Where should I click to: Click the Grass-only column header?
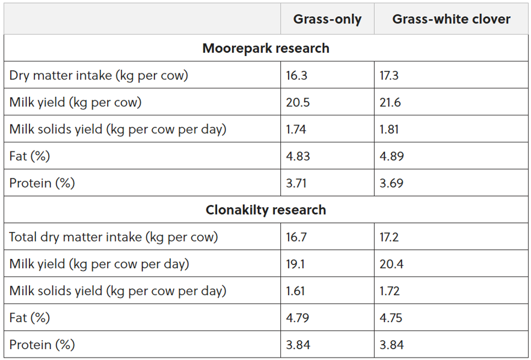(327, 19)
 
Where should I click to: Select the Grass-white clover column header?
(451, 19)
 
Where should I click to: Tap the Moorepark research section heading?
(266, 48)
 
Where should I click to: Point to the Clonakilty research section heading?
(266, 210)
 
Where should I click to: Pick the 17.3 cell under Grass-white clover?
(390, 75)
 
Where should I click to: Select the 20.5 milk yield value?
(298, 102)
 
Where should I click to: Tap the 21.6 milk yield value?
(390, 102)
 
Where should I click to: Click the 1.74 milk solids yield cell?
(297, 129)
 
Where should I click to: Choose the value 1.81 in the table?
(389, 129)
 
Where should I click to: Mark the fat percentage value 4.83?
(298, 156)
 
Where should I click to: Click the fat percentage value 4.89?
(391, 156)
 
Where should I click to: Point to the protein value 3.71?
(296, 183)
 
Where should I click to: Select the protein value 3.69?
(391, 183)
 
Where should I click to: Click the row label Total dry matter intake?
(114, 237)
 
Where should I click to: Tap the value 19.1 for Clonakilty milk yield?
(296, 264)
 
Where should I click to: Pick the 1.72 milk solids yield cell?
(390, 291)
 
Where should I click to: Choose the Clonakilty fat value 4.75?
(391, 318)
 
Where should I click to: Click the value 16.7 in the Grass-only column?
(296, 237)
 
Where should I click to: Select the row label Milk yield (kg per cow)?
(75, 102)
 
